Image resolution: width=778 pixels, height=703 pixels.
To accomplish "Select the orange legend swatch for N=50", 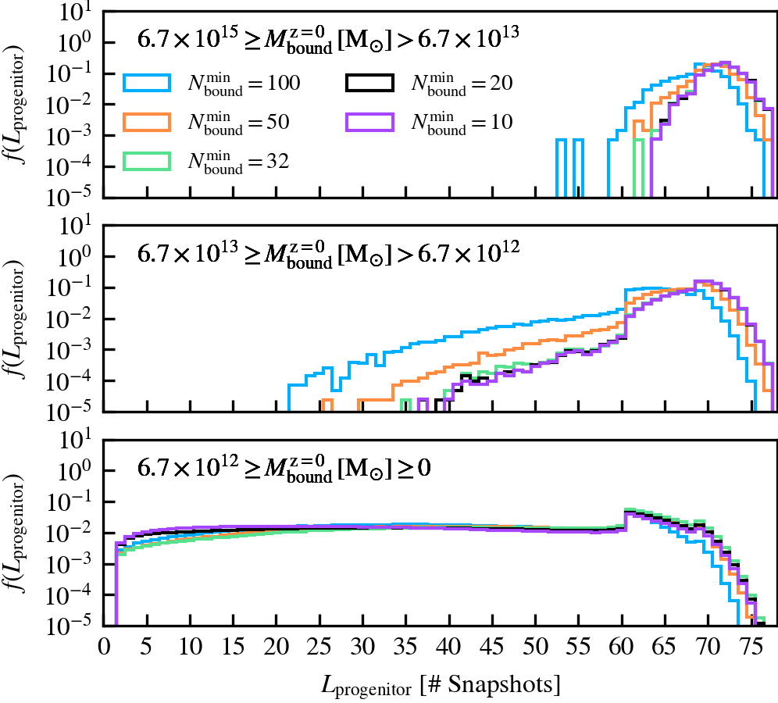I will (x=148, y=121).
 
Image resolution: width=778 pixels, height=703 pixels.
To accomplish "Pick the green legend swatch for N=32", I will (x=148, y=159).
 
